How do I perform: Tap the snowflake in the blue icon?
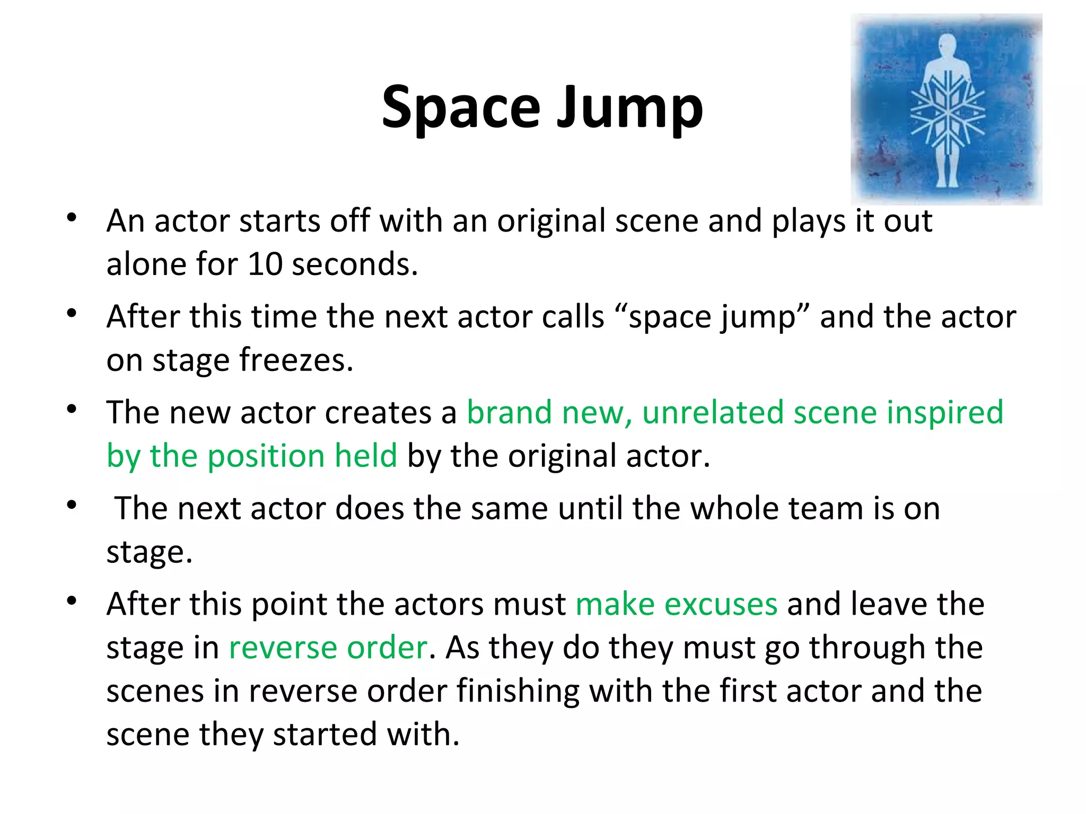947,112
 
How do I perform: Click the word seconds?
354,263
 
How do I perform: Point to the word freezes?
295,360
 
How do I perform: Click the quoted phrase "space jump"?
712,317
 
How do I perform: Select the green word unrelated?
713,412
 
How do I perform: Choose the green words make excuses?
676,604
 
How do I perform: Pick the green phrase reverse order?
328,648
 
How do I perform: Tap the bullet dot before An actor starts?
72,218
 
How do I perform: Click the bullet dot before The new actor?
72,410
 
